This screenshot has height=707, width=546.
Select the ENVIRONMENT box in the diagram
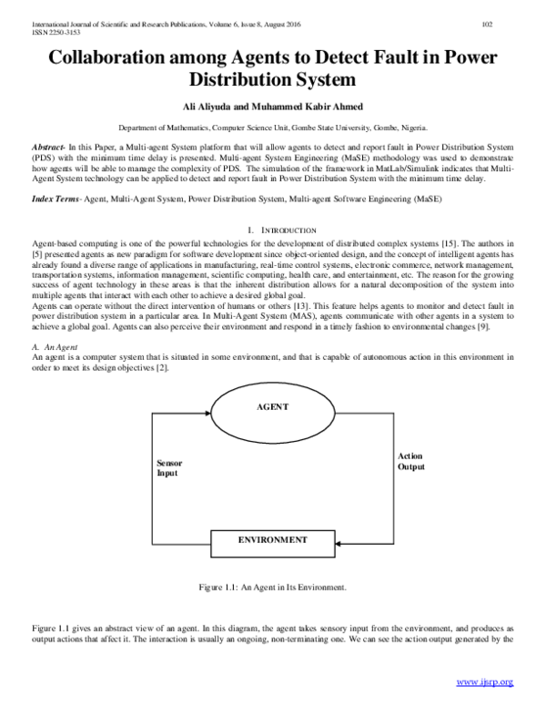(x=272, y=540)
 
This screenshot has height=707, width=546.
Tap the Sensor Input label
(x=170, y=468)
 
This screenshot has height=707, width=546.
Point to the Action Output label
(x=410, y=460)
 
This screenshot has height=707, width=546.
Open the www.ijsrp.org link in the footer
(x=484, y=682)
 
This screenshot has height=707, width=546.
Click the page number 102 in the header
(x=512, y=25)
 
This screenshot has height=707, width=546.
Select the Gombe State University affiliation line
(x=273, y=129)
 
